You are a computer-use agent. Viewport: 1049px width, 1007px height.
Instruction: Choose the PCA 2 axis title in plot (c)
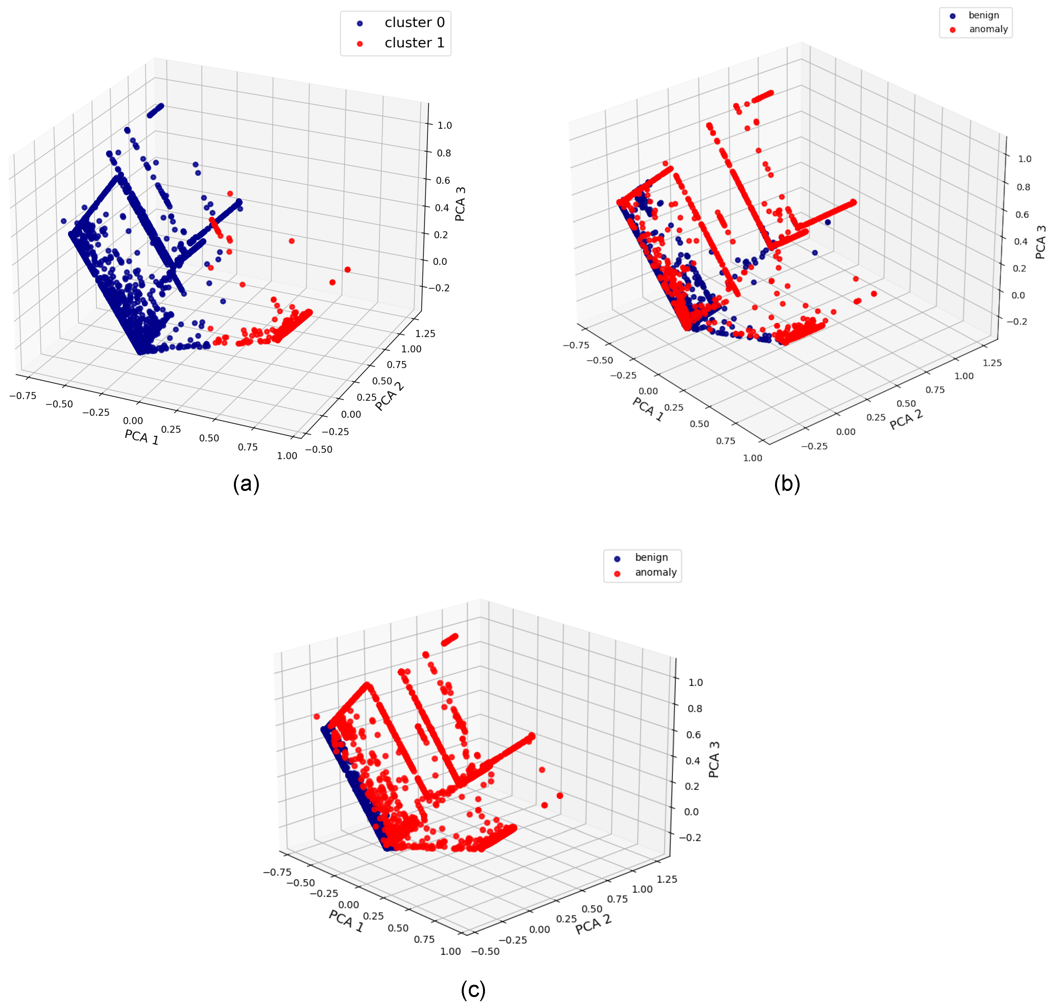tap(593, 925)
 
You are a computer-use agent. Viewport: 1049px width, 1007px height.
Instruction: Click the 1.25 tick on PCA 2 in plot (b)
tap(992, 363)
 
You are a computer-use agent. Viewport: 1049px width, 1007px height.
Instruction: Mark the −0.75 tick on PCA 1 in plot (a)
tap(23, 396)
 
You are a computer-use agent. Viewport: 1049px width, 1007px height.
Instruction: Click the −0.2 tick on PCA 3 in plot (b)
tap(1016, 321)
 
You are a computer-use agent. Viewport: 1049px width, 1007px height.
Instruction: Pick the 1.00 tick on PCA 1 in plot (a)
tap(287, 456)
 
